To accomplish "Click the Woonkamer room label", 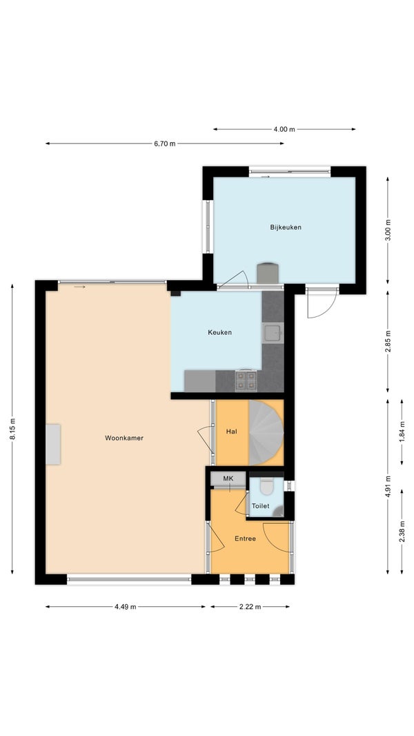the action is pyautogui.click(x=124, y=438).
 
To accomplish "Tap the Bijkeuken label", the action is pyautogui.click(x=286, y=227).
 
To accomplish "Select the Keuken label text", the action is pyautogui.click(x=220, y=332).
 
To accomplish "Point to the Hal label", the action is pyautogui.click(x=231, y=432).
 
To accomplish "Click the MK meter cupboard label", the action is pyautogui.click(x=228, y=478).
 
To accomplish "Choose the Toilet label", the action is pyautogui.click(x=261, y=505).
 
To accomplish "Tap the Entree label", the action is pyautogui.click(x=245, y=539).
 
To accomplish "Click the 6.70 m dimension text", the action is pyautogui.click(x=165, y=144).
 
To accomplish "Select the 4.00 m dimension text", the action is pyautogui.click(x=284, y=129).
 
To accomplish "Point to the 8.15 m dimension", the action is pyautogui.click(x=12, y=429).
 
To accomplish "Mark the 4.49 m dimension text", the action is pyautogui.click(x=125, y=606).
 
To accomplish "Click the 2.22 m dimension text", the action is pyautogui.click(x=250, y=606).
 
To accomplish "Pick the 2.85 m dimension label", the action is pyautogui.click(x=388, y=341).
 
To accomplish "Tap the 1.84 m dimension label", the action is pyautogui.click(x=402, y=432).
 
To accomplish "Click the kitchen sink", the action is pyautogui.click(x=273, y=333).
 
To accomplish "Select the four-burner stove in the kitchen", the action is pyautogui.click(x=246, y=380).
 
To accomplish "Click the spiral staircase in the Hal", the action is pyautogui.click(x=266, y=432).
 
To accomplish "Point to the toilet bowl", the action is pyautogui.click(x=266, y=487).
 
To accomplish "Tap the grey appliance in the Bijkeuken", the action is pyautogui.click(x=268, y=273).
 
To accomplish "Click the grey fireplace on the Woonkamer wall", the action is pyautogui.click(x=53, y=444).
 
